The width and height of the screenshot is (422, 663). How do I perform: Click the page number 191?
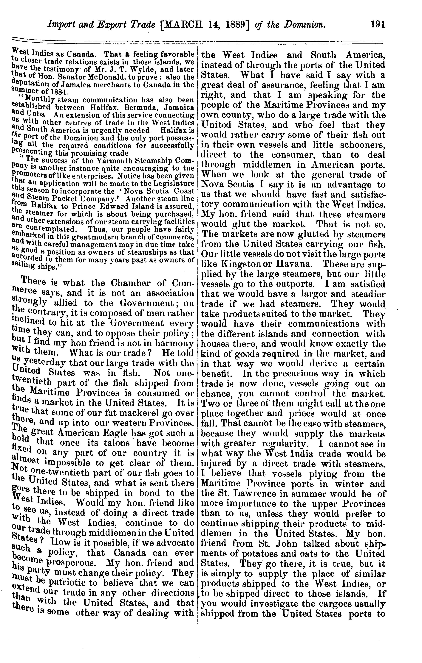(x=377, y=25)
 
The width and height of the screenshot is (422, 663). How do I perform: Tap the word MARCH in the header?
(x=186, y=25)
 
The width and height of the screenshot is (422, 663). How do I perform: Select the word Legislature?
(x=175, y=183)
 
